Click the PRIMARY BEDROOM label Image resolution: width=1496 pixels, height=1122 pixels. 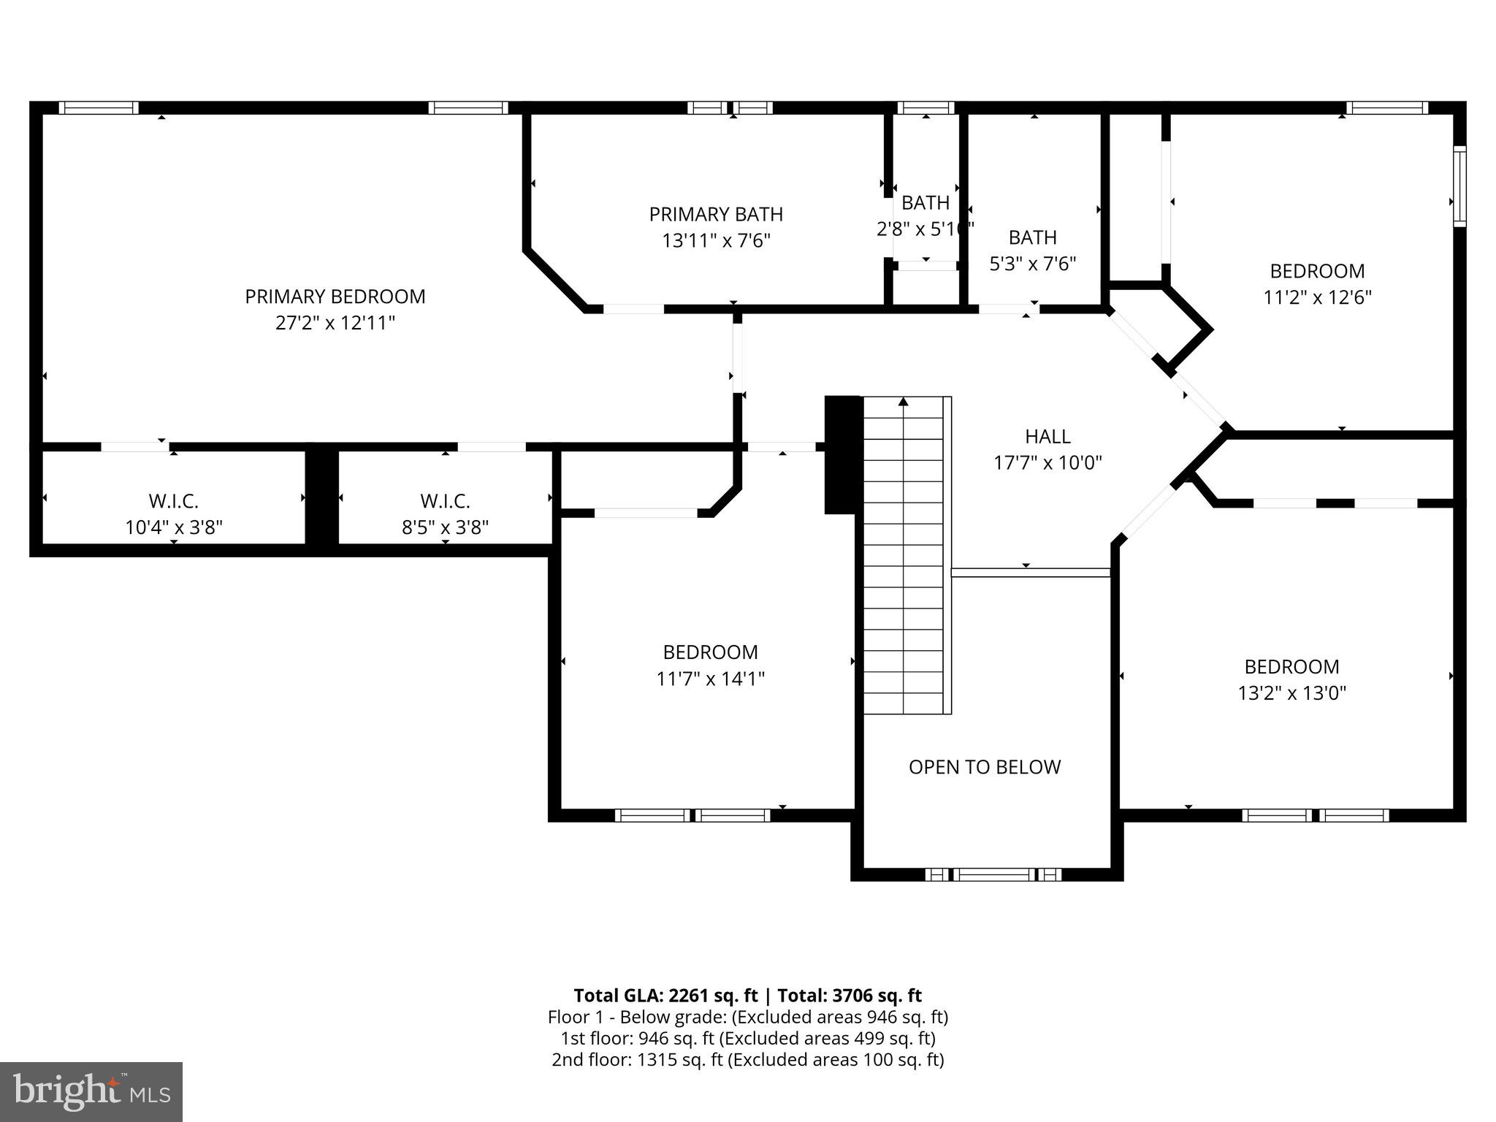pos(335,297)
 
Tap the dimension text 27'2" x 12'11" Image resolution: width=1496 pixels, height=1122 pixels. pos(335,323)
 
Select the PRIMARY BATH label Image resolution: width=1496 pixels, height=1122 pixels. pos(716,215)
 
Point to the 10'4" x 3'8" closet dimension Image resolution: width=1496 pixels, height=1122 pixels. pos(174,527)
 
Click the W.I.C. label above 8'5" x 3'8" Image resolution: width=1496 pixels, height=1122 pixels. pos(445,501)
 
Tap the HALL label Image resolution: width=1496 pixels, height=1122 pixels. pos(1047,437)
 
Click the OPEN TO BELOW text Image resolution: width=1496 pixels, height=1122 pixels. pos(984,767)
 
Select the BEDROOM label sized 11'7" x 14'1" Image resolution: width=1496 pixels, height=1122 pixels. pos(710,652)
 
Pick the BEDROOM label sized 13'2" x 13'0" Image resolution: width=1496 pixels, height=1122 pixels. pos(1291,667)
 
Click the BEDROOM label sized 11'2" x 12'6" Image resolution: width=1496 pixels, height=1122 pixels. pos(1317,271)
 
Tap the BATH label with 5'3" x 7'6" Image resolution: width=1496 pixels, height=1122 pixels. pos(1032,237)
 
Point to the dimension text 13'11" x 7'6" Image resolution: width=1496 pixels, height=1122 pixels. pos(716,241)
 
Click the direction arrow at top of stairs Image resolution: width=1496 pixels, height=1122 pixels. pos(904,402)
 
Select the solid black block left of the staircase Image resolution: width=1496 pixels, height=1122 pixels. pos(843,454)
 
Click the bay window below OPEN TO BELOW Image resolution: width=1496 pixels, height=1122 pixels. pos(993,874)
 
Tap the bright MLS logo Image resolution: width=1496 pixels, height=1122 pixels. pos(91,1091)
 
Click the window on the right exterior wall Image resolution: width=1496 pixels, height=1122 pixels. pos(1459,186)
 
